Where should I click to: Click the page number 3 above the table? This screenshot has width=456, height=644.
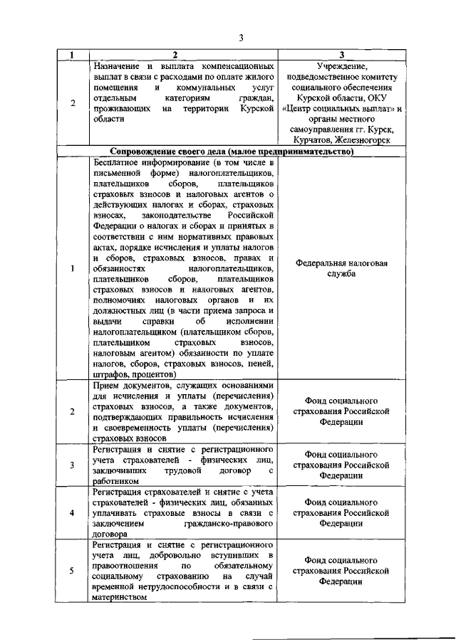(x=241, y=38)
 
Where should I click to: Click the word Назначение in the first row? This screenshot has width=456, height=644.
(x=118, y=65)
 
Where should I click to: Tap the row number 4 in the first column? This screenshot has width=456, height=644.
(x=73, y=512)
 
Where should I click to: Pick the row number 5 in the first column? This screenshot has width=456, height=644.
(x=73, y=570)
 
